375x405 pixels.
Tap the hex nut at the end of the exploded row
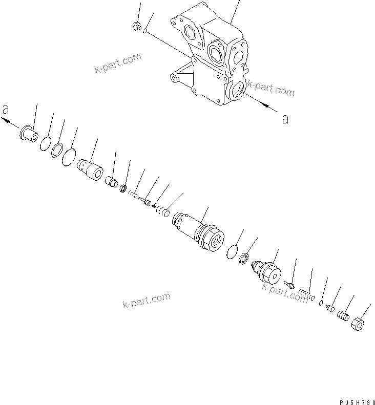pyautogui.click(x=359, y=325)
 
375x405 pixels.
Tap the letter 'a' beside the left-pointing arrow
pyautogui.click(x=6, y=110)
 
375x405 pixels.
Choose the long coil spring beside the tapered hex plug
pyautogui.click(x=306, y=295)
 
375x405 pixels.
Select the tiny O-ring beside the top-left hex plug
pyautogui.click(x=145, y=31)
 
